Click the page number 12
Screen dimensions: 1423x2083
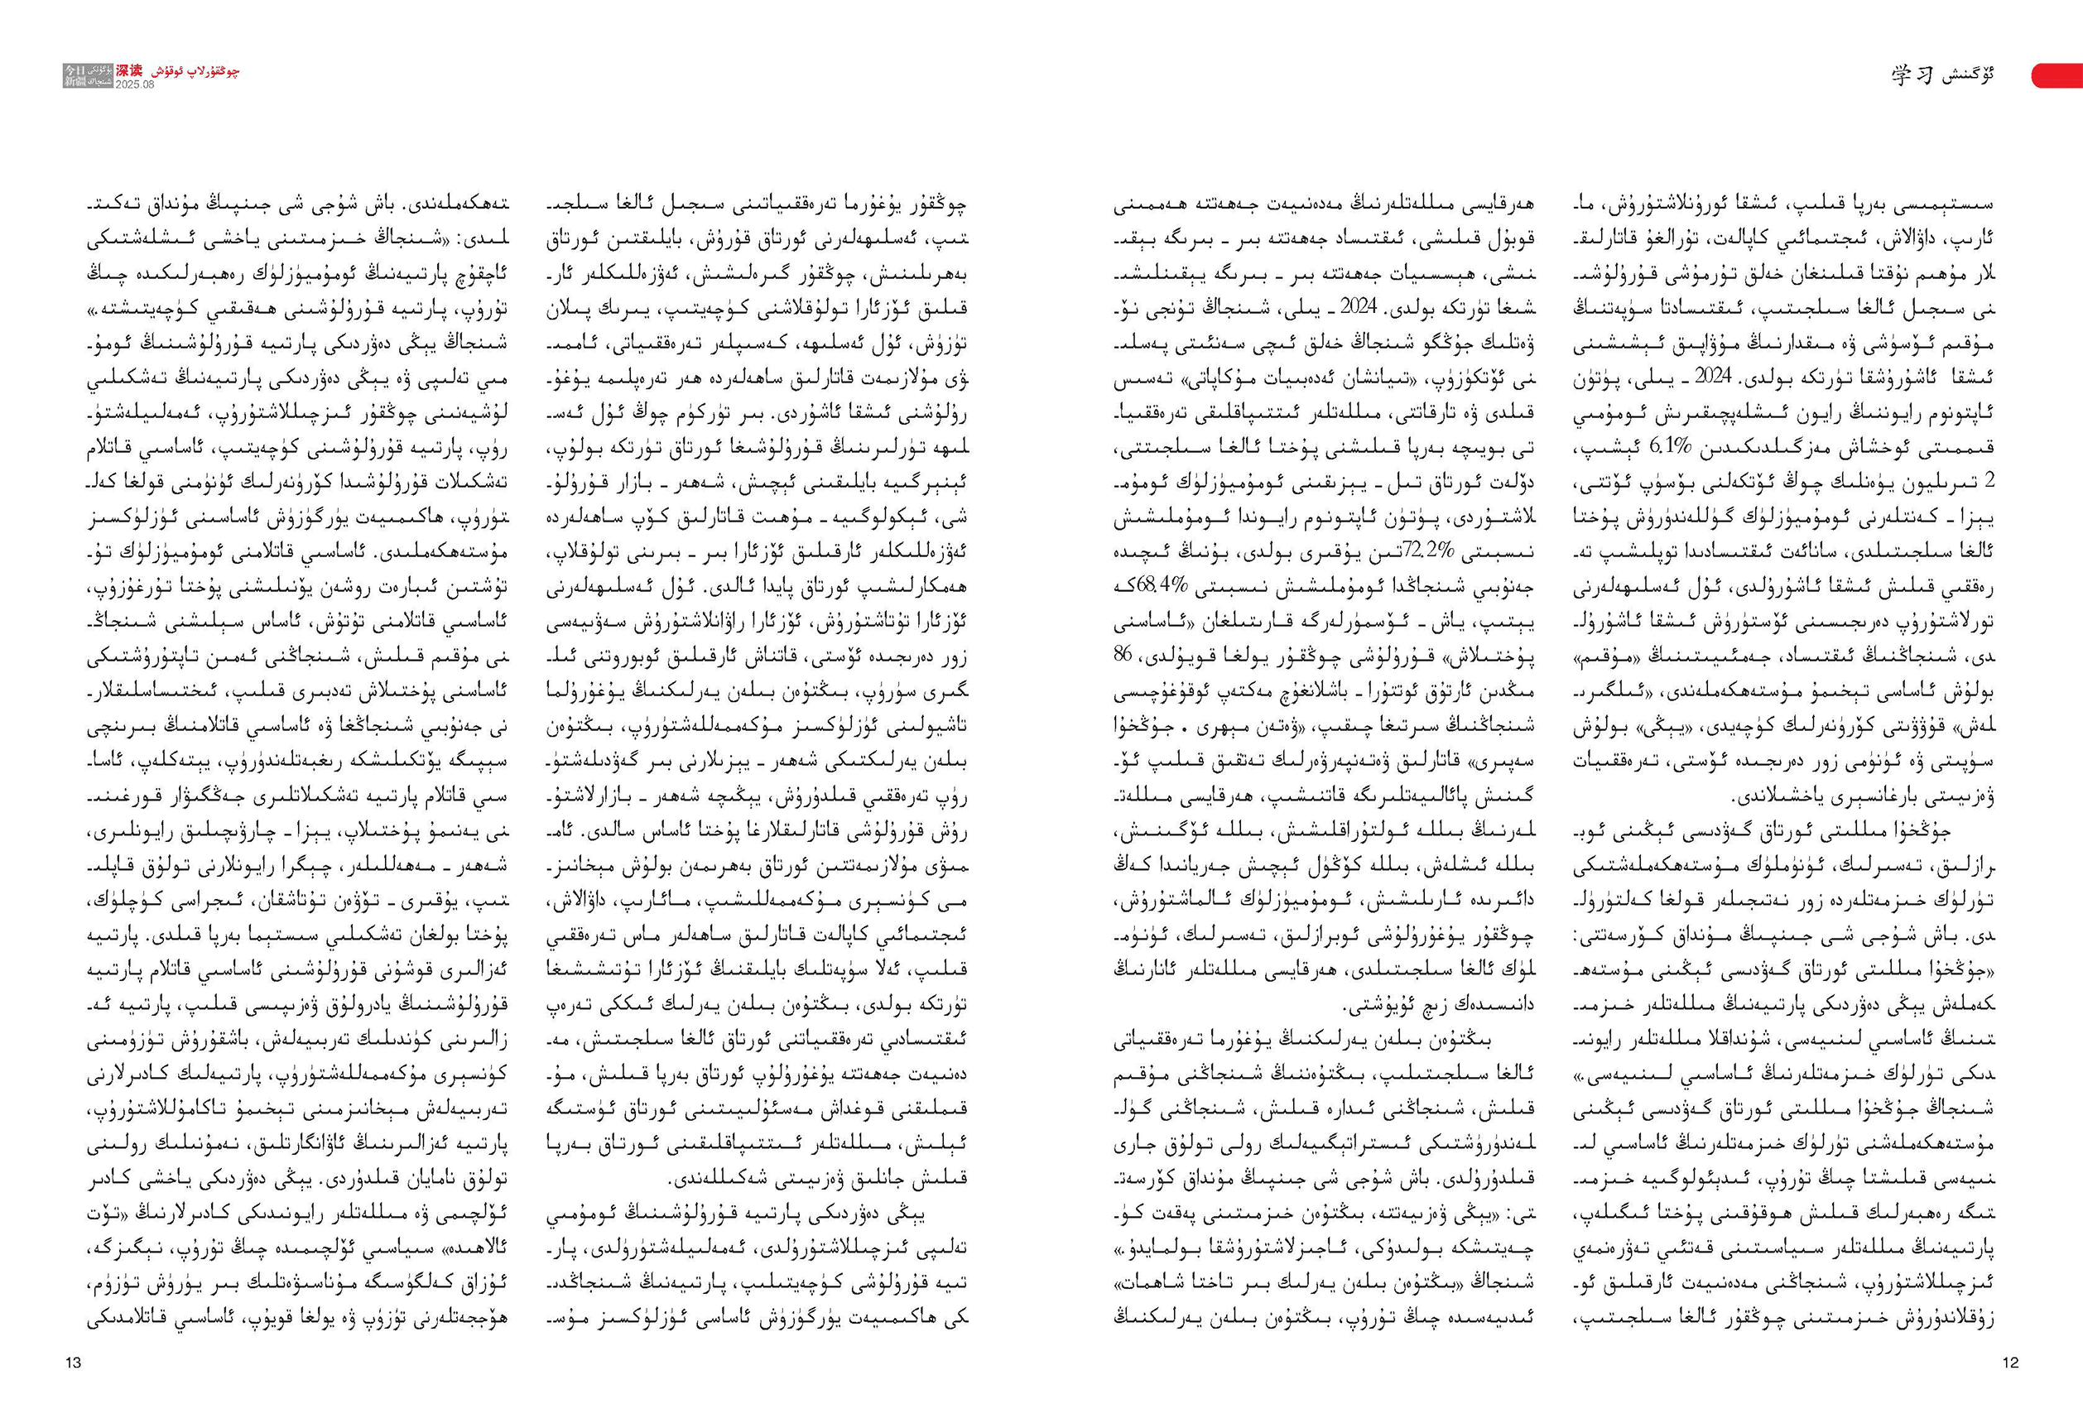pos(2010,1362)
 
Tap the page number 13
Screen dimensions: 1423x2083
pos(74,1362)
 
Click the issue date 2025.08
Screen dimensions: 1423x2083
pos(134,84)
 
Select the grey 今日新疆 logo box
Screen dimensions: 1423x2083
pos(88,75)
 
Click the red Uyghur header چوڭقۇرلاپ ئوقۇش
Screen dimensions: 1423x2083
pos(195,70)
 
